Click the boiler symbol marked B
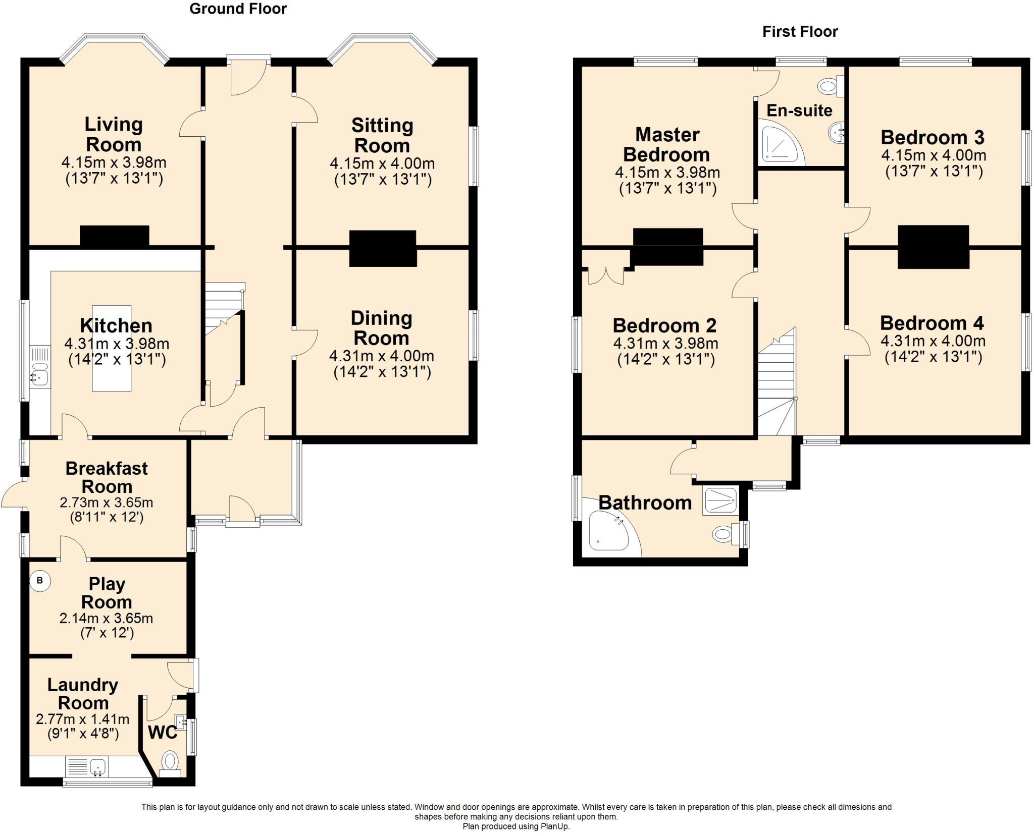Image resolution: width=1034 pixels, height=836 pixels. coord(40,581)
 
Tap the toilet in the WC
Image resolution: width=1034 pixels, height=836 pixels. coord(170,764)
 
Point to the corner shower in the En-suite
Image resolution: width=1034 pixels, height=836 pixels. coord(781,144)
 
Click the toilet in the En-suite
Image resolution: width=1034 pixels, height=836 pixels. coord(831,86)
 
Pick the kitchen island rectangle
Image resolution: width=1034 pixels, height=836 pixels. coord(112,348)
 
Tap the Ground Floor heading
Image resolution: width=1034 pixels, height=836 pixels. coord(238,9)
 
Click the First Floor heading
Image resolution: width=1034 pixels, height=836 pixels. coord(800,31)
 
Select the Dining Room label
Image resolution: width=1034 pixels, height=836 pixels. coord(381,328)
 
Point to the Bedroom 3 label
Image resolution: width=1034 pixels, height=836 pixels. coord(933,137)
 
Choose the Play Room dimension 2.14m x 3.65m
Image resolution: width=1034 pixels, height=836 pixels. coord(106,618)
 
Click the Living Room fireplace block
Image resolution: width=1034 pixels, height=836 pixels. coord(115,236)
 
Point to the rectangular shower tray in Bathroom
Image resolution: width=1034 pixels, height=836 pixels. coord(719,501)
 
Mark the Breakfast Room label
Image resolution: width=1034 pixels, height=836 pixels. coord(107,477)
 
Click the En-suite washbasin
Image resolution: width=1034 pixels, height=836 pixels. coord(836,133)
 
